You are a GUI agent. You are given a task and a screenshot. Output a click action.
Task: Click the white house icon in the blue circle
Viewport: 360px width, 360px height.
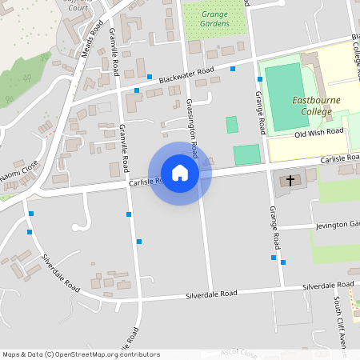[x=180, y=173]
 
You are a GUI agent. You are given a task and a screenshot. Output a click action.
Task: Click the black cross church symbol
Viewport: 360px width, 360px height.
[x=288, y=182]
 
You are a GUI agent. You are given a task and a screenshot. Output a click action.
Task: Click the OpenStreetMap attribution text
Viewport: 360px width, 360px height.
[x=81, y=354]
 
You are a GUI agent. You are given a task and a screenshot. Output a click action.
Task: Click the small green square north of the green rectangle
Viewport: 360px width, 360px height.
[x=232, y=125]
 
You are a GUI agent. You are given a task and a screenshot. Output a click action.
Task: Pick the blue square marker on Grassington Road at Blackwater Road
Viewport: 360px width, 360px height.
[x=233, y=69]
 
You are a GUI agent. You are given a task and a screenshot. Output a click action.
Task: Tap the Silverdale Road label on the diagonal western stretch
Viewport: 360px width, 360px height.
[x=61, y=273]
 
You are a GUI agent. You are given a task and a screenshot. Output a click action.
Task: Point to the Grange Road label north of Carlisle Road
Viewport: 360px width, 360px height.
[x=261, y=112]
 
